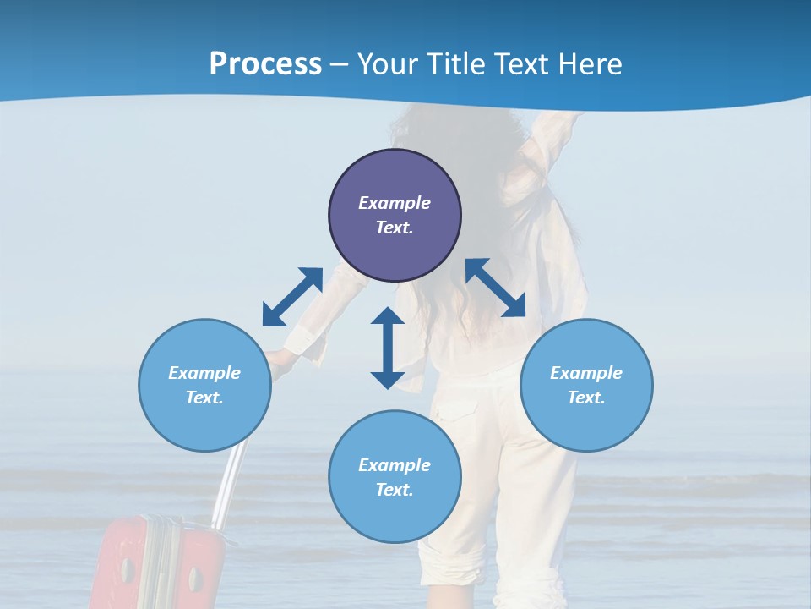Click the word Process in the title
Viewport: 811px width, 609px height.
[x=265, y=64]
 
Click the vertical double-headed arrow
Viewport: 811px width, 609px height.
[x=388, y=348]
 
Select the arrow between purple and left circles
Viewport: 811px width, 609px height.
[x=292, y=297]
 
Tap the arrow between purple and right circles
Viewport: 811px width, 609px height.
[x=496, y=288]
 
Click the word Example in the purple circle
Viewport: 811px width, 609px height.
[x=395, y=203]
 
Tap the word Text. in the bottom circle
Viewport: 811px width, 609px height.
[x=395, y=490]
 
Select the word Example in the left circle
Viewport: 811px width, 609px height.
[x=204, y=373]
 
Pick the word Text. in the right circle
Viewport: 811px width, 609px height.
[x=586, y=398]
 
